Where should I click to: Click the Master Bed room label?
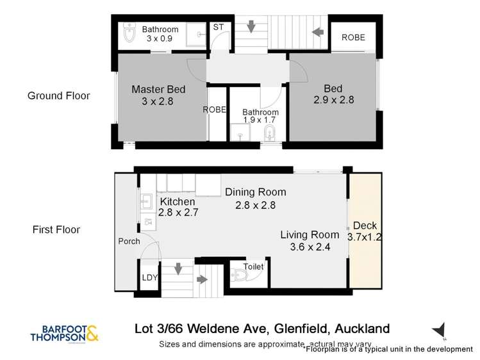(x=153, y=89)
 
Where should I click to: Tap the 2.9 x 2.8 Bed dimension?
(x=333, y=100)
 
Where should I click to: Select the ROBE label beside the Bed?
(x=353, y=38)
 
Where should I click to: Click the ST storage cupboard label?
(x=217, y=28)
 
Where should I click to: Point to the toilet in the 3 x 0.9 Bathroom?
(x=128, y=35)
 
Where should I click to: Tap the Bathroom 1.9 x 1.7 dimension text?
(x=260, y=120)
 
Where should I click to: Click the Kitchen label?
(x=177, y=202)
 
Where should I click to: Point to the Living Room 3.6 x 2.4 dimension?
(x=310, y=246)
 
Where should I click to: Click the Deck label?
(x=364, y=225)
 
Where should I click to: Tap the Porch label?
(x=129, y=241)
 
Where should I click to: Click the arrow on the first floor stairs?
(x=201, y=279)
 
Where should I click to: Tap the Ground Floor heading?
(x=58, y=96)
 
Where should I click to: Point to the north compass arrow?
(x=438, y=331)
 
